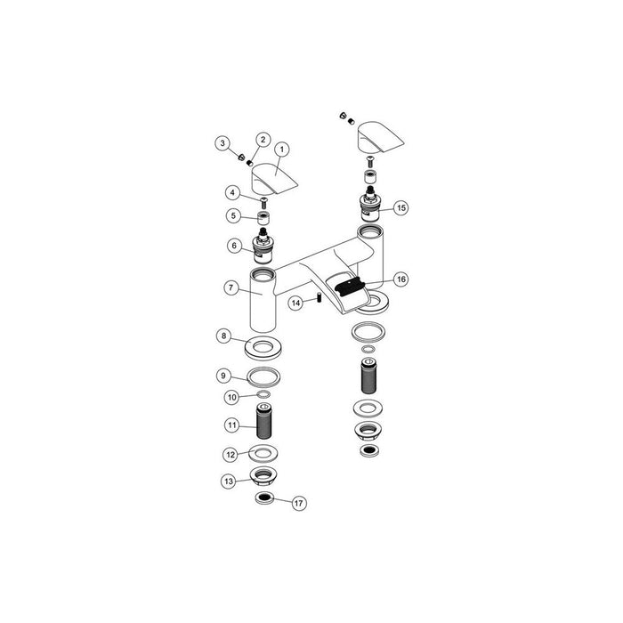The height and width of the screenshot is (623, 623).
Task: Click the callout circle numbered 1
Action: tap(282, 150)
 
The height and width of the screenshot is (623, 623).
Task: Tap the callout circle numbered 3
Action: tap(222, 143)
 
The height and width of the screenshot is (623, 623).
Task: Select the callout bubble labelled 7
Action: tap(230, 287)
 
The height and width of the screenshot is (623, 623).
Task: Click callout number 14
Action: tap(296, 303)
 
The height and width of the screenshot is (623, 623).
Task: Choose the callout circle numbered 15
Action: tap(401, 206)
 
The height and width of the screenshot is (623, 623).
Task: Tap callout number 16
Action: tap(401, 279)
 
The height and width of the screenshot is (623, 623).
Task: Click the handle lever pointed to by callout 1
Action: tap(271, 181)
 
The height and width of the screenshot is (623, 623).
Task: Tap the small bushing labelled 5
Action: tap(263, 218)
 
